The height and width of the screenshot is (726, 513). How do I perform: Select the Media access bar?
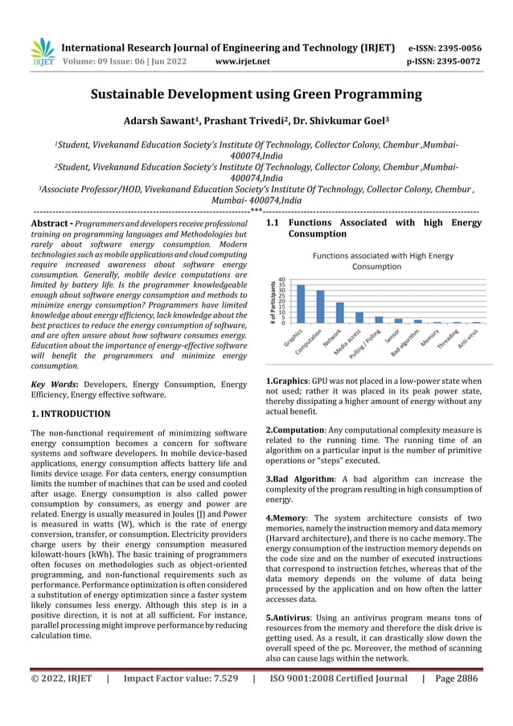point(359,317)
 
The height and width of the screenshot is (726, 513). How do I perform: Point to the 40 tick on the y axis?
point(281,280)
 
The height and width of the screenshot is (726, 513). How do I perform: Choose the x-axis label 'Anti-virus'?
point(470,339)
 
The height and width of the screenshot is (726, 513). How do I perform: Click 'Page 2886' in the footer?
point(456,679)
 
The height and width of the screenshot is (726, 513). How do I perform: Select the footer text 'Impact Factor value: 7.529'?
point(181,679)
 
